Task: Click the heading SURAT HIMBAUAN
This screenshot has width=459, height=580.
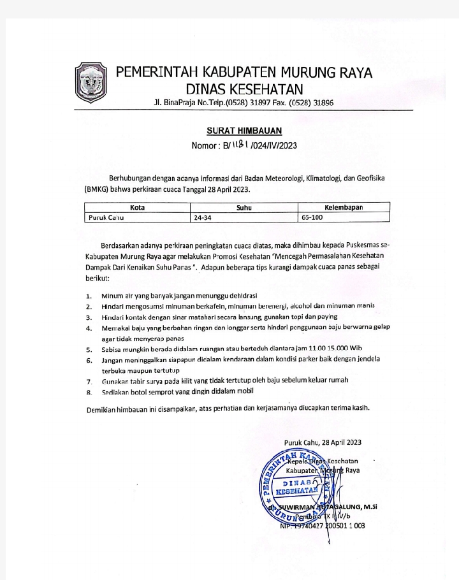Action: click(244, 131)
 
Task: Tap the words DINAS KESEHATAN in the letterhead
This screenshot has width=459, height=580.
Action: click(244, 88)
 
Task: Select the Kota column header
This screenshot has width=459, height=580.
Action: click(137, 207)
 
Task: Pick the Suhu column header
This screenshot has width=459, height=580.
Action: click(244, 207)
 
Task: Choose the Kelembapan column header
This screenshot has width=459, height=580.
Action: click(347, 207)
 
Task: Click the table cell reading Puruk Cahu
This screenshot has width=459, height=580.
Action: click(105, 217)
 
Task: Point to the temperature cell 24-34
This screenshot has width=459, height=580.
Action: click(203, 217)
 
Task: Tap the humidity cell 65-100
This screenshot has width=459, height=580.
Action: click(313, 217)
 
